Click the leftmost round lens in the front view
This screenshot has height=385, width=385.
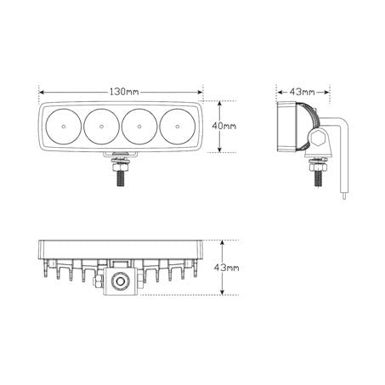tap(61, 127)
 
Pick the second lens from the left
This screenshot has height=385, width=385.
tap(101, 127)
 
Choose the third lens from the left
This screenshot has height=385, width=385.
tap(140, 127)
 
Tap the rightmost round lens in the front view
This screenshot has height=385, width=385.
tap(179, 127)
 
